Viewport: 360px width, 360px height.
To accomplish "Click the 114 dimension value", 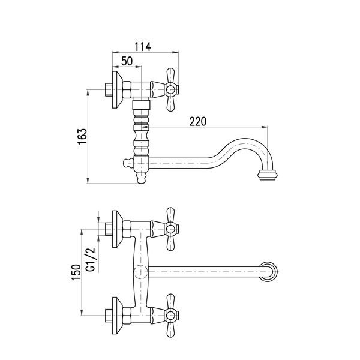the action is (143, 47).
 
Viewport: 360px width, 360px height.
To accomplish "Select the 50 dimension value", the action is (127, 61).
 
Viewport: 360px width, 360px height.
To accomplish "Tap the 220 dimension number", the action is (197, 121).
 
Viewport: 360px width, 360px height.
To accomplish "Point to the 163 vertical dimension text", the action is (82, 136).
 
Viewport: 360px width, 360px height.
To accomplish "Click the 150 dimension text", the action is (76, 272).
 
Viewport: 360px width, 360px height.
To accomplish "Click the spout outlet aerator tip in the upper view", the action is (268, 175).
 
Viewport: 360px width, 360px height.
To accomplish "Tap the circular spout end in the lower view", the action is (268, 272).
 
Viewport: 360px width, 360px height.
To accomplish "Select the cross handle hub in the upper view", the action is (170, 89).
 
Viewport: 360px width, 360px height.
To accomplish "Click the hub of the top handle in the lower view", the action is (170, 229).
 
